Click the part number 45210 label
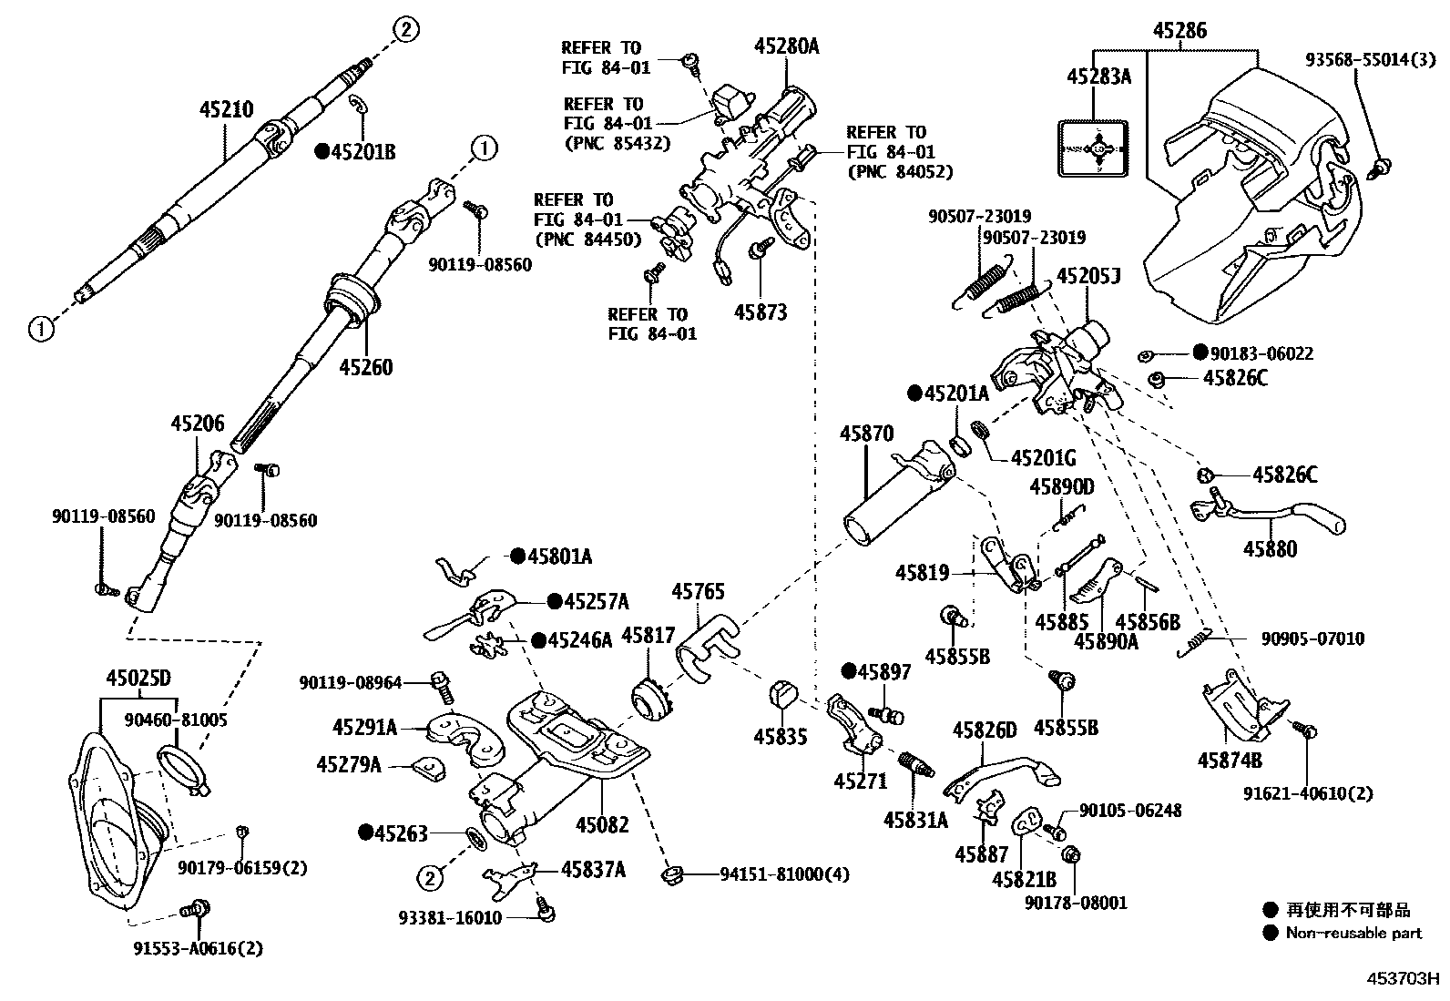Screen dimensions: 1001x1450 pos(227,110)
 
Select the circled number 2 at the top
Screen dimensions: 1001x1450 pos(406,30)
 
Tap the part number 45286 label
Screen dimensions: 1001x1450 pos(1179,30)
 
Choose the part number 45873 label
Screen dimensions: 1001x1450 pos(761,312)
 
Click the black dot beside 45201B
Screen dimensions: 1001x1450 pos(321,152)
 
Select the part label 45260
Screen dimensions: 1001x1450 pos(366,367)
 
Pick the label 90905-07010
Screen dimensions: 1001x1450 pos(1312,638)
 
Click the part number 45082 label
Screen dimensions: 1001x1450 pos(602,825)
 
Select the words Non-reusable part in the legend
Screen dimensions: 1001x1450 pos(1353,933)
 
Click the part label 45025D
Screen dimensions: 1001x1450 pos(138,678)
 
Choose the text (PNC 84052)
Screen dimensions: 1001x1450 pos(900,171)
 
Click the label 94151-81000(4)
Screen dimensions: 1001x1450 pos(784,874)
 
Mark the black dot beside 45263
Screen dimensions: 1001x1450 pos(366,832)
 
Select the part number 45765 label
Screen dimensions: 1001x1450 pos(699,592)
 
